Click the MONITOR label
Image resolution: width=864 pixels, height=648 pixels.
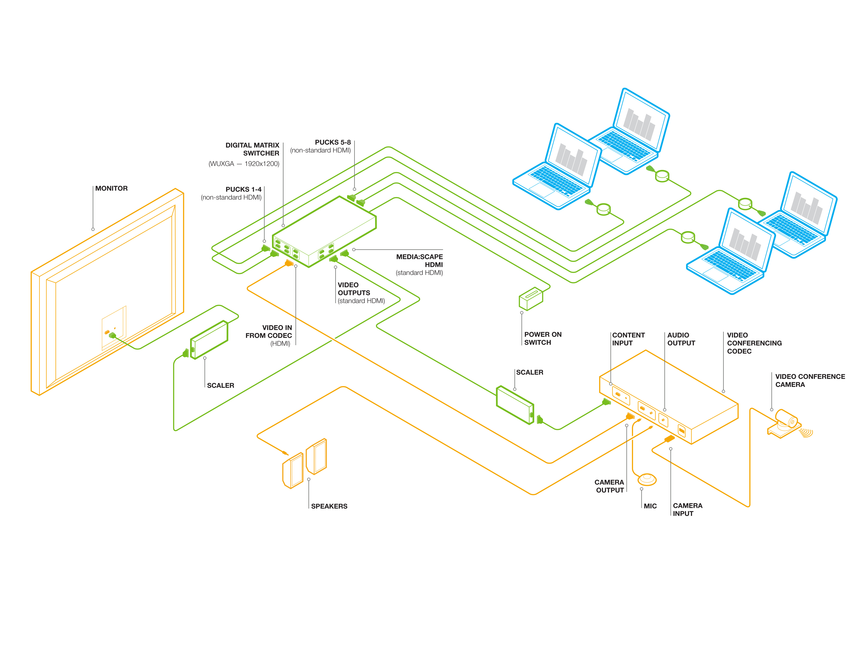(111, 188)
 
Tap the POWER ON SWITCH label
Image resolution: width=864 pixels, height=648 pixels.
(543, 338)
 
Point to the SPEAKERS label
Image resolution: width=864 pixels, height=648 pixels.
(329, 506)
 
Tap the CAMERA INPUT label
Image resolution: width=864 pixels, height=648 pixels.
(687, 509)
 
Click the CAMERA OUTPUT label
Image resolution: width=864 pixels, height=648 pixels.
(609, 486)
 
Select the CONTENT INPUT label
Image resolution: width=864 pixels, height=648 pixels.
(628, 339)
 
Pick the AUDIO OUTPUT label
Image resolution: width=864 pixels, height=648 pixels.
(681, 339)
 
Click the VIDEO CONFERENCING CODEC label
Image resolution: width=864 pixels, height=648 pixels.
(754, 343)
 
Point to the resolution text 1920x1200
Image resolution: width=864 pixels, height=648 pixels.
(262, 164)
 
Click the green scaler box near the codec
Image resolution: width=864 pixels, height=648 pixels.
(514, 405)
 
